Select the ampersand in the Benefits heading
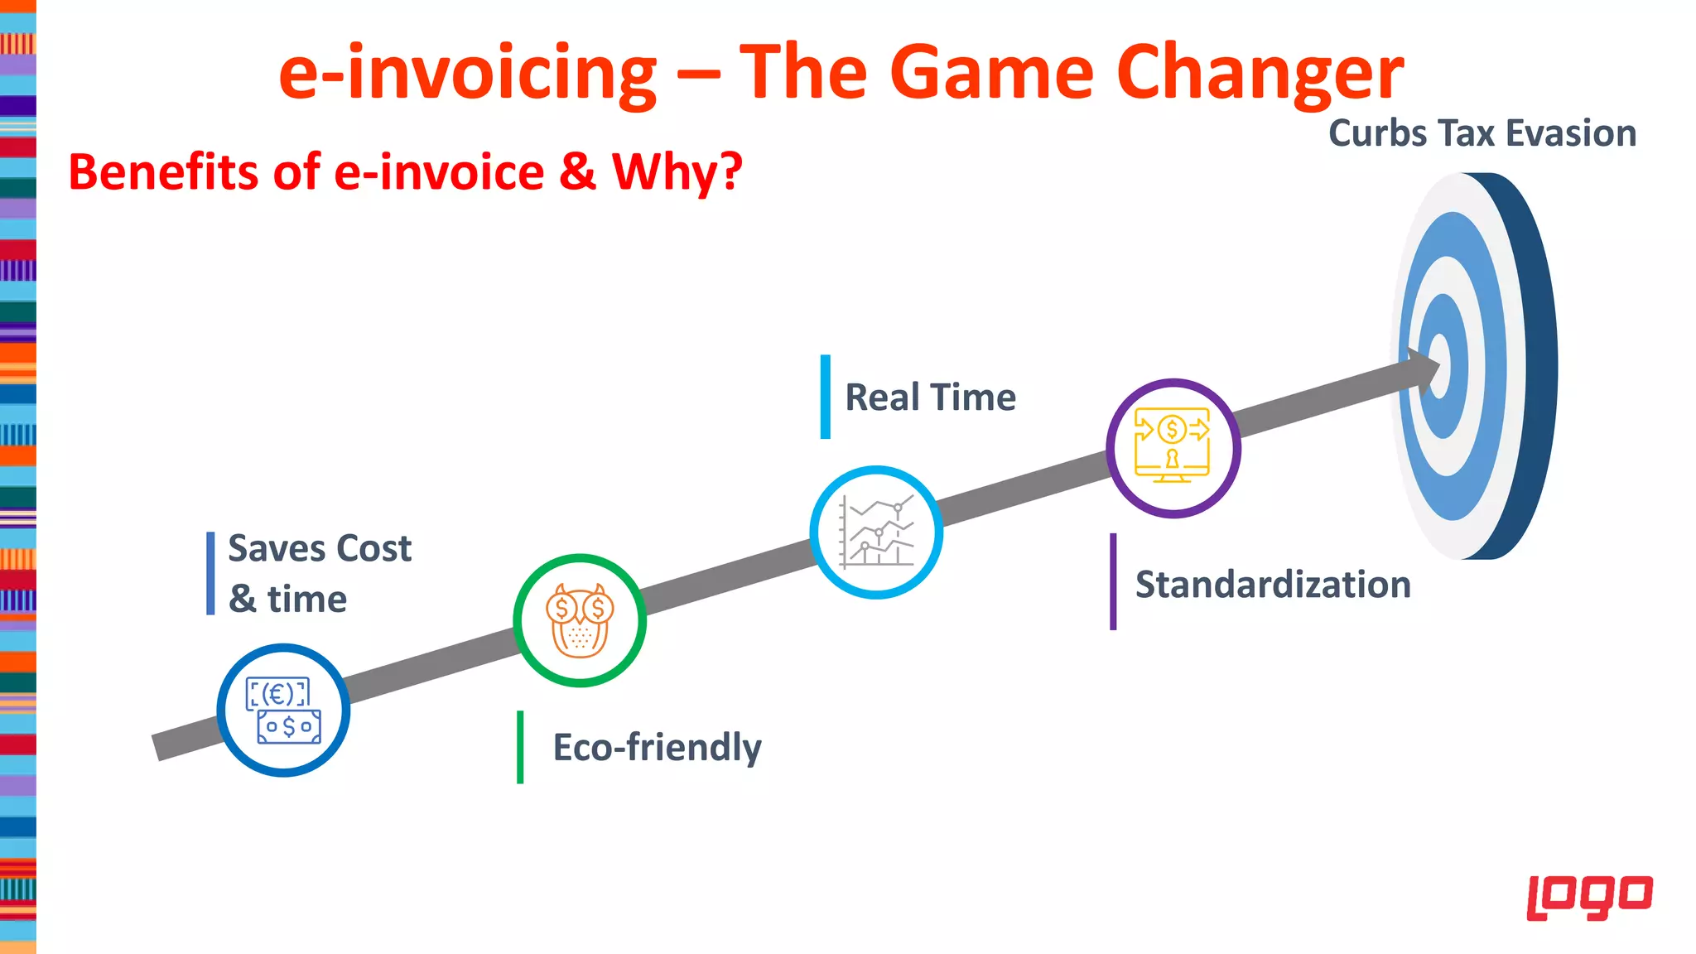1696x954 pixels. [577, 171]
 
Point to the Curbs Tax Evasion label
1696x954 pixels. [1482, 133]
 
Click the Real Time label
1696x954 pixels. [930, 397]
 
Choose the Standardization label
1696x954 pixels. [1273, 585]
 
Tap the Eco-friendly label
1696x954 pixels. [657, 747]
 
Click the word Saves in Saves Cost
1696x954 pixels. [277, 548]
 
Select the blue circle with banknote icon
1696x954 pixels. [283, 711]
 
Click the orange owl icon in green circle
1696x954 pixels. [580, 620]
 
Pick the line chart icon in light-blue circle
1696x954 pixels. [876, 532]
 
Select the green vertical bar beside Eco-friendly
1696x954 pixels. [520, 747]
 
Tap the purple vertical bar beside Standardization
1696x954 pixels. [1113, 581]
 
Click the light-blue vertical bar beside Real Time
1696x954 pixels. [825, 397]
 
